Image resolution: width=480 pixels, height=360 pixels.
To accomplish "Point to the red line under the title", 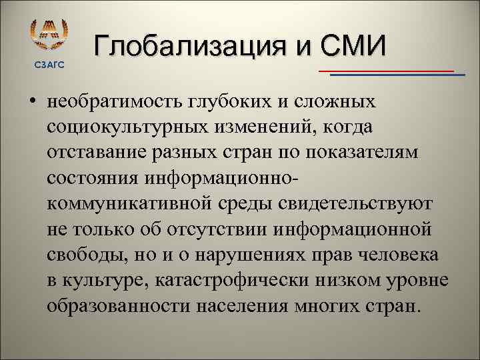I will pyautogui.click(x=386, y=70).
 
